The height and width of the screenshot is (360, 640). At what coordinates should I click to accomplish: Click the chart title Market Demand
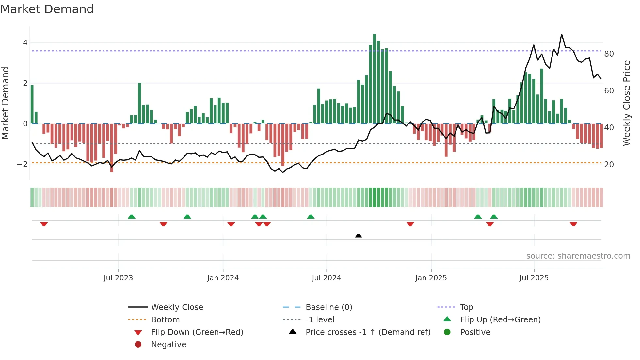[x=47, y=9]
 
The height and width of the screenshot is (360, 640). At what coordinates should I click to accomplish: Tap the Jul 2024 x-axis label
[x=326, y=278]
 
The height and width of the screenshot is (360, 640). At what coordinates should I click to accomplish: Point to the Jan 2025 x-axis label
[x=431, y=278]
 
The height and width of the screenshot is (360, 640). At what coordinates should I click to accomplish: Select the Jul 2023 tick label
[x=118, y=278]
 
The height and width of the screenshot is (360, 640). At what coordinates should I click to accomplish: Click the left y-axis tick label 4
[x=25, y=43]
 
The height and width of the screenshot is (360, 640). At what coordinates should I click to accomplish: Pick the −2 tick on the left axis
[x=22, y=164]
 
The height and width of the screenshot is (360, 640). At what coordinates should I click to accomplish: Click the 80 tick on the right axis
[x=609, y=54]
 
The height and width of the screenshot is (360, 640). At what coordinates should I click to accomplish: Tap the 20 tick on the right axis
[x=609, y=165]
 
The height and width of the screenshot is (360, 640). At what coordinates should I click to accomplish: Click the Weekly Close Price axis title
[x=626, y=103]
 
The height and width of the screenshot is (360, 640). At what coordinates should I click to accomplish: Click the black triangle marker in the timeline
[x=358, y=236]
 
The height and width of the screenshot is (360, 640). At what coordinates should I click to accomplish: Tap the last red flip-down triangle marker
[x=573, y=224]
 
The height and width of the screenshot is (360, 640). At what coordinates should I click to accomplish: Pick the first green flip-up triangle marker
[x=131, y=217]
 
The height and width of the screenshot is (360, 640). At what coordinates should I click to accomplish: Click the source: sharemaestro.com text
[x=578, y=256]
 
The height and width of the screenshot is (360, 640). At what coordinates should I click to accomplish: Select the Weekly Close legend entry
[x=177, y=307]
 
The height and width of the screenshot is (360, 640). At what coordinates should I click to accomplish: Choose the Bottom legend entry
[x=165, y=320]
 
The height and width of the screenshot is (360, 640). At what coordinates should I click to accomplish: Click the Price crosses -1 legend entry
[x=368, y=332]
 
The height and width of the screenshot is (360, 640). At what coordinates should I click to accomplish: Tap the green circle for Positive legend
[x=447, y=332]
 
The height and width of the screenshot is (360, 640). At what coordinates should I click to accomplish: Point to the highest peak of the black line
[x=562, y=34]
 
